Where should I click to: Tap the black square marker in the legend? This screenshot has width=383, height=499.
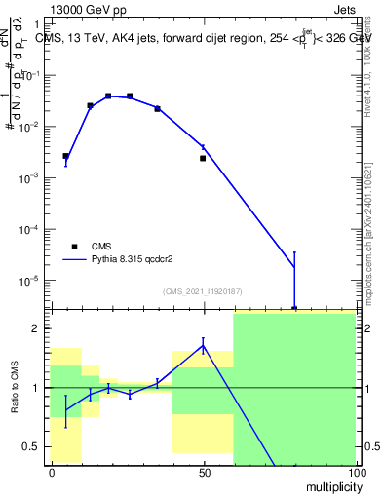(x=73, y=247)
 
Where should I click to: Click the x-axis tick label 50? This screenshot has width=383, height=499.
(x=204, y=472)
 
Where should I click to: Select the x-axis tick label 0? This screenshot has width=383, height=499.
(x=52, y=472)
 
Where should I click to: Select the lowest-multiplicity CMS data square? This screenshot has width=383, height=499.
(x=66, y=156)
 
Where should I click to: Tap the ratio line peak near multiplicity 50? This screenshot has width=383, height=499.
(x=203, y=344)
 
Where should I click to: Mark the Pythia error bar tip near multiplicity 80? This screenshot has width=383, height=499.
(x=294, y=252)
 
